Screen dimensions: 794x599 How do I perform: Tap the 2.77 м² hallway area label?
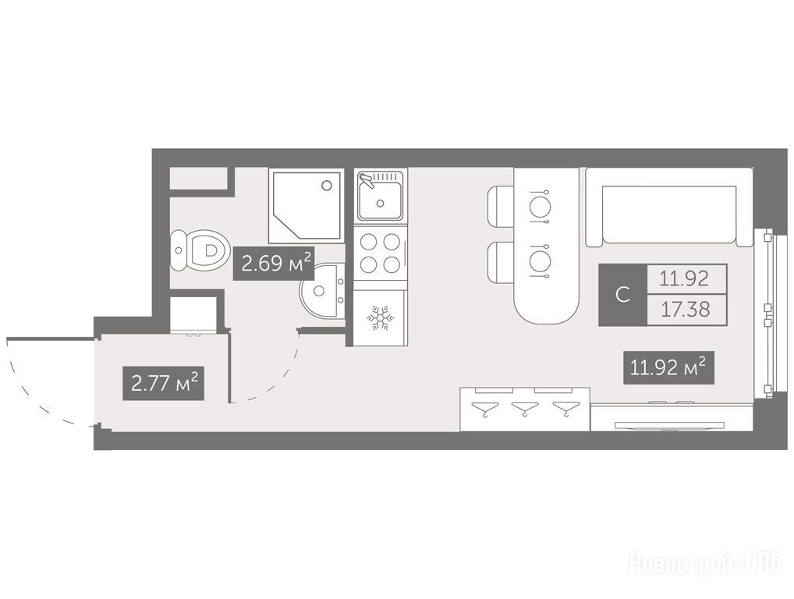coord(164,383)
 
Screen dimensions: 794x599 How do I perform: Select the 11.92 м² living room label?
coord(668,367)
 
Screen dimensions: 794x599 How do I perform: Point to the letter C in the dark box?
coord(622,294)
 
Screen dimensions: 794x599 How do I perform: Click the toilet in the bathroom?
coord(197,250)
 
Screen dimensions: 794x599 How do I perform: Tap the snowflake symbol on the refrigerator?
coord(380,318)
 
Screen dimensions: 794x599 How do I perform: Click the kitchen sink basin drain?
coord(380,204)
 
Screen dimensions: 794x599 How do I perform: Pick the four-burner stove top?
coord(380,253)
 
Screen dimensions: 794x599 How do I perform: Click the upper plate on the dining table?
coord(538,206)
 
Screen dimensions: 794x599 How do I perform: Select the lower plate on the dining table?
coord(538,261)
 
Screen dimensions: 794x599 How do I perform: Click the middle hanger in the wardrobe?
coord(526,408)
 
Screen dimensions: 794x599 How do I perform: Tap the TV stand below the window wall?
coord(671,418)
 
